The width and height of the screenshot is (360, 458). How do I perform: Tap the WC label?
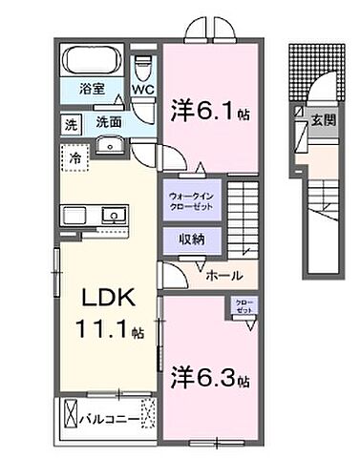tap(143, 91)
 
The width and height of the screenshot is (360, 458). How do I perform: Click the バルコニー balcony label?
tap(105, 417)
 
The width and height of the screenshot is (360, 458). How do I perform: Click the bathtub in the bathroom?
tap(91, 62)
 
